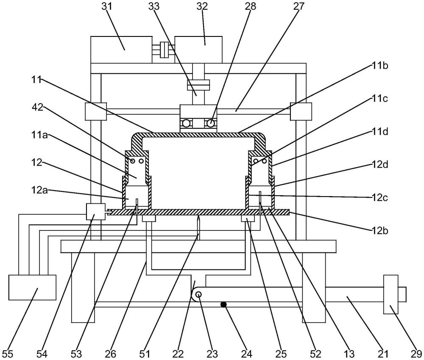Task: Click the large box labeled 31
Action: tap(121, 50)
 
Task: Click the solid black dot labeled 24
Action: tap(223, 304)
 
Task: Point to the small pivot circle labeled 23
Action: tap(198, 295)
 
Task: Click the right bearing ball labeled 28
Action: tap(210, 124)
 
